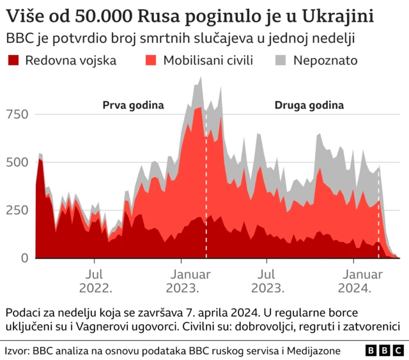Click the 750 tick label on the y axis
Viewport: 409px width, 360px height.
pyautogui.click(x=18, y=114)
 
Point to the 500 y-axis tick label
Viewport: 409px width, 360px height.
pyautogui.click(x=18, y=162)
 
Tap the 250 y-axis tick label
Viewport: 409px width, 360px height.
pyautogui.click(x=18, y=210)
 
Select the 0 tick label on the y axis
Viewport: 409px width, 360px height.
pyautogui.click(x=24, y=258)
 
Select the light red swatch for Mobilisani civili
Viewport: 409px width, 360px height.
pyautogui.click(x=151, y=61)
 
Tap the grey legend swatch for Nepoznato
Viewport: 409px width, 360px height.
pyautogui.click(x=281, y=61)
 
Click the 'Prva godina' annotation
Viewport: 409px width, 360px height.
pyautogui.click(x=133, y=105)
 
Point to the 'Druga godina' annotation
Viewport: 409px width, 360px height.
pyautogui.click(x=309, y=105)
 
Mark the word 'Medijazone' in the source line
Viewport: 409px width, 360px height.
pyautogui.click(x=314, y=351)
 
